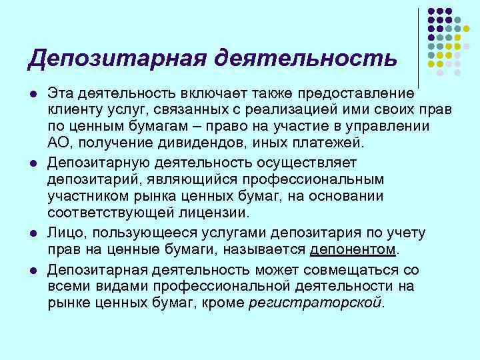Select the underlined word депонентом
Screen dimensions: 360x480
coord(353,249)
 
